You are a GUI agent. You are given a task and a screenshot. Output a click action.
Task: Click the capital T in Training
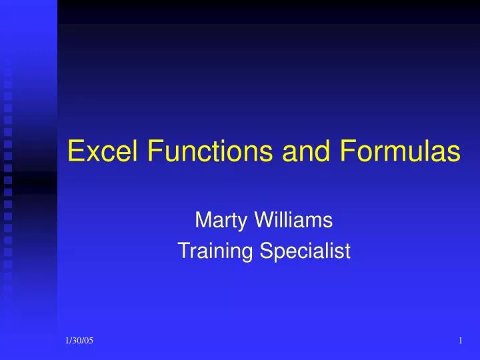(x=183, y=251)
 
